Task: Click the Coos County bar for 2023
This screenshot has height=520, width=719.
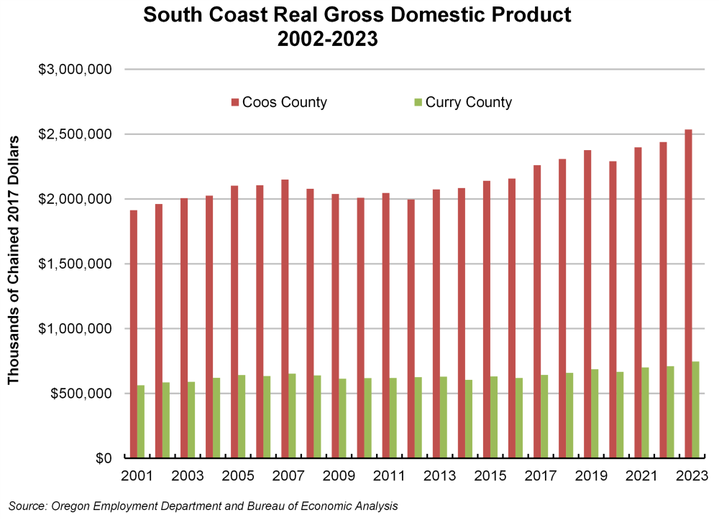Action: tap(689, 294)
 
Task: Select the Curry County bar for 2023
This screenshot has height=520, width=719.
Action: tap(696, 409)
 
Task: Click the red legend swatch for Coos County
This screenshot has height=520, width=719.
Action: tap(235, 103)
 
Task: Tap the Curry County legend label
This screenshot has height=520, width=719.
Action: tap(469, 102)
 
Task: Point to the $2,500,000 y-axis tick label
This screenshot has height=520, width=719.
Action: tap(75, 134)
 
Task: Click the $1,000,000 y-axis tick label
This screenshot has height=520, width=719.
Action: tap(75, 329)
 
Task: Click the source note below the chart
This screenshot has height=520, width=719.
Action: tap(203, 506)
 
